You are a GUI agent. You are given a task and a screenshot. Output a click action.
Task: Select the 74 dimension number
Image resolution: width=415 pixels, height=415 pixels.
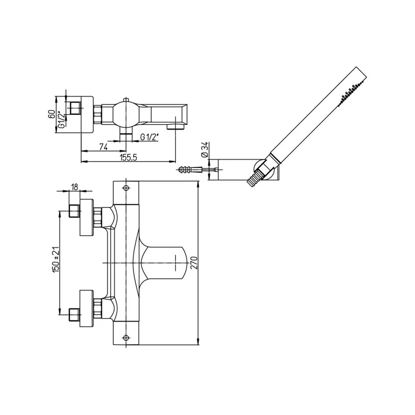pos(104,146)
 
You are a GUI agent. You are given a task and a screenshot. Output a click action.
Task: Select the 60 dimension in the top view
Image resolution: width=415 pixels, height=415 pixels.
pos(52,114)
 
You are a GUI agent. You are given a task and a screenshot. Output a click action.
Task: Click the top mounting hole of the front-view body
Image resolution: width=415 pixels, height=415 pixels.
pos(127,188)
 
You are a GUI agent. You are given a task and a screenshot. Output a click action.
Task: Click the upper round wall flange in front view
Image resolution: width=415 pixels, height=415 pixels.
pos(87,217)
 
